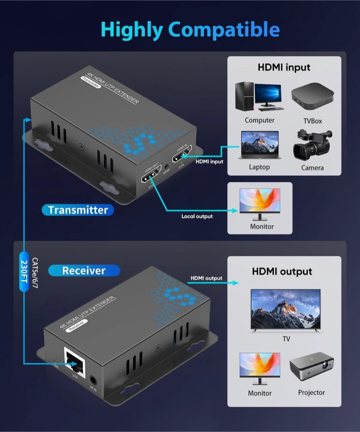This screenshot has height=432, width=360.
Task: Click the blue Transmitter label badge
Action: click(x=78, y=210)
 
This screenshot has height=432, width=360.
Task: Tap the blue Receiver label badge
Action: click(x=84, y=271)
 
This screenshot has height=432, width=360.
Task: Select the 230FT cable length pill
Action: click(x=24, y=272)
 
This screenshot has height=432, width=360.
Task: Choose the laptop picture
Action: click(x=260, y=145)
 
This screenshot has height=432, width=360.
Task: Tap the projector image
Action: click(x=312, y=366)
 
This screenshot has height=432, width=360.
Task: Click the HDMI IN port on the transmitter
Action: click(x=181, y=154)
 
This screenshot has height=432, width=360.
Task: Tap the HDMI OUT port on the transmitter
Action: click(x=151, y=175)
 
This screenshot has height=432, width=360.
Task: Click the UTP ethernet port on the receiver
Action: click(x=75, y=360)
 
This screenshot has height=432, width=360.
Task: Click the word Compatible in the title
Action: click(x=224, y=30)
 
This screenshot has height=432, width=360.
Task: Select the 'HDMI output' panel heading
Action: click(x=282, y=271)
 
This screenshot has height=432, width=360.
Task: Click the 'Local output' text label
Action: click(x=197, y=216)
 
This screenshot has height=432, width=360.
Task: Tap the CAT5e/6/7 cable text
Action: click(x=35, y=273)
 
